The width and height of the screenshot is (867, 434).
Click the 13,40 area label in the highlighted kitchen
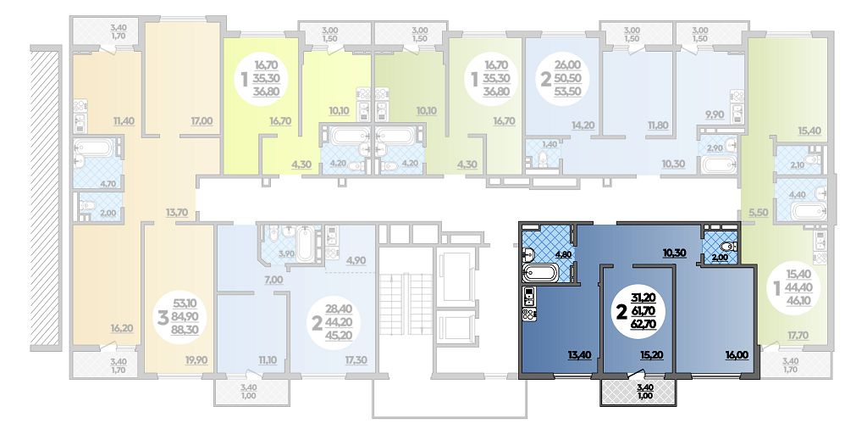pyautogui.click(x=581, y=355)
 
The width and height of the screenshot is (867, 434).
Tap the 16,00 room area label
pyautogui.click(x=738, y=355)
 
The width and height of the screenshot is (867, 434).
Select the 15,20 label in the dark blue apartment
pyautogui.click(x=659, y=355)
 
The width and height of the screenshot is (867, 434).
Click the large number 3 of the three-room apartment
pyautogui.click(x=163, y=319)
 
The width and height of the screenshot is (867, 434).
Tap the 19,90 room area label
pyautogui.click(x=196, y=360)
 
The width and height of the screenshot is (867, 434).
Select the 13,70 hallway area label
pyautogui.click(x=177, y=212)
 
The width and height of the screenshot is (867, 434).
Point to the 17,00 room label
pyautogui.click(x=202, y=120)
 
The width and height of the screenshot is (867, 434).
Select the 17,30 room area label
pyautogui.click(x=356, y=360)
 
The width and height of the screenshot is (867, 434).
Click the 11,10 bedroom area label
pyautogui.click(x=268, y=360)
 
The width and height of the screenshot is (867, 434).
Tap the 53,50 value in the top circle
pyautogui.click(x=567, y=92)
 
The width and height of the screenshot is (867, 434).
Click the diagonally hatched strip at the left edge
pyautogui.click(x=46, y=198)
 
